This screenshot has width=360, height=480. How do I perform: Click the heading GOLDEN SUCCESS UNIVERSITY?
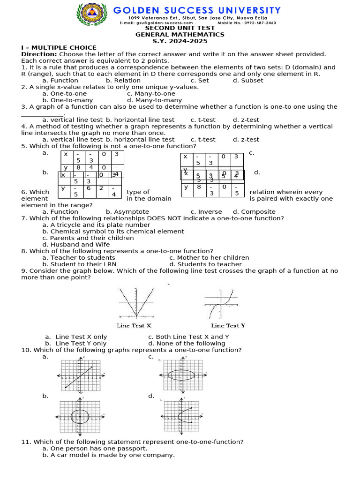click(197, 10)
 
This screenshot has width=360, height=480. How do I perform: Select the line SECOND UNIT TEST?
click(180, 28)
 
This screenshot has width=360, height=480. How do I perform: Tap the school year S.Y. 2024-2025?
click(180, 41)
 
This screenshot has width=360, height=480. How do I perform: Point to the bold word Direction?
click(38, 54)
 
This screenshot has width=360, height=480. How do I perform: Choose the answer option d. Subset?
click(248, 81)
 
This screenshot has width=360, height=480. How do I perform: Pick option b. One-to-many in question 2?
click(67, 100)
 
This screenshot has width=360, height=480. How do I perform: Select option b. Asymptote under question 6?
click(127, 212)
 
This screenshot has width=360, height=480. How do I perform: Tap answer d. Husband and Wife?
click(76, 245)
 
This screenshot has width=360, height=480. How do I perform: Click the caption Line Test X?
click(134, 325)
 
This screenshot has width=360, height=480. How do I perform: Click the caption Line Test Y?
click(228, 325)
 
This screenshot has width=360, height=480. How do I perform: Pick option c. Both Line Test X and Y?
click(188, 337)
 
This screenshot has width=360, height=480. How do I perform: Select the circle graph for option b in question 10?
click(80, 417)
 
